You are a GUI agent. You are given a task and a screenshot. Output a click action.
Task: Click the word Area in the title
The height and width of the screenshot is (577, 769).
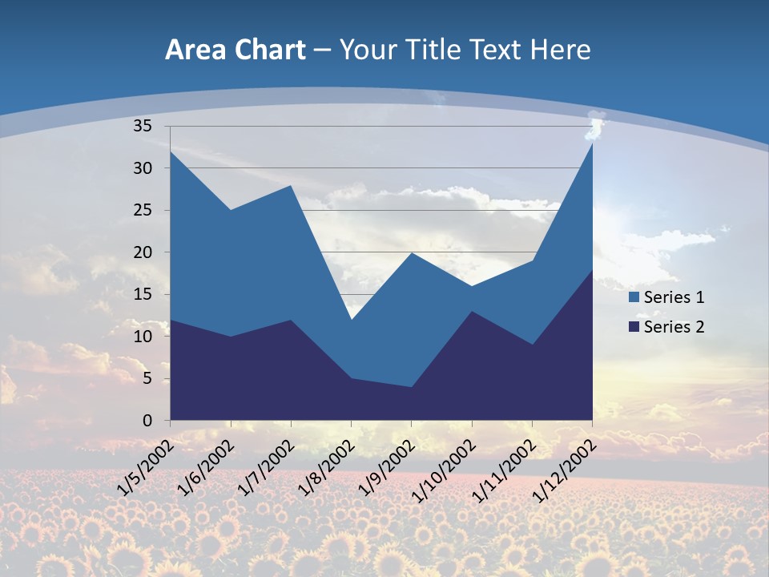tap(194, 50)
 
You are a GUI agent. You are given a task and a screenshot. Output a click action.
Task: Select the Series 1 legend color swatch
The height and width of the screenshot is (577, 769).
tap(634, 297)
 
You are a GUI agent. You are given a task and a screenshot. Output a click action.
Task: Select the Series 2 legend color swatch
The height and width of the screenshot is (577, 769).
tap(634, 326)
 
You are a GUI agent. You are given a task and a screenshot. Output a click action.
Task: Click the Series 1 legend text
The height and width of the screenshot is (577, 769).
tap(674, 297)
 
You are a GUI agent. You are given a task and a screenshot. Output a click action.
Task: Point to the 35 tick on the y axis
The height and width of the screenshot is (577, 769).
tap(143, 126)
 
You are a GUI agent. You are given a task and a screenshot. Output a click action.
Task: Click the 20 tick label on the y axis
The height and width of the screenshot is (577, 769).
tap(143, 252)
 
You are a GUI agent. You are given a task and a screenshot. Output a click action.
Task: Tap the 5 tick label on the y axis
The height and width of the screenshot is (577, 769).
tap(147, 378)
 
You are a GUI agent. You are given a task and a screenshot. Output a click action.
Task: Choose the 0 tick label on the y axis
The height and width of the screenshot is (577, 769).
tap(147, 421)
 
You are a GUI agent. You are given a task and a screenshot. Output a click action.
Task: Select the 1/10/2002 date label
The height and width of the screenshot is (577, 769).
tap(443, 468)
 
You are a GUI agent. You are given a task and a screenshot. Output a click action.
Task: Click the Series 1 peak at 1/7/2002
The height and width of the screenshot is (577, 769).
tap(291, 185)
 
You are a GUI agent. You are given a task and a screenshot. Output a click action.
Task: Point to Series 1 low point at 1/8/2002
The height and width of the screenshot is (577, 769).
tap(351, 320)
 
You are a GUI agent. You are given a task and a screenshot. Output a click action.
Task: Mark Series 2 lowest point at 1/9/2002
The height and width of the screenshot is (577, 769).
tap(411, 387)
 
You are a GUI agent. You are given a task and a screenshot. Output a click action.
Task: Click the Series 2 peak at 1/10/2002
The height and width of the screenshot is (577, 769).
tap(472, 311)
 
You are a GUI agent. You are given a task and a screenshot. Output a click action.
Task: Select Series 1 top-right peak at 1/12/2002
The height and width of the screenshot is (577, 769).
tap(592, 143)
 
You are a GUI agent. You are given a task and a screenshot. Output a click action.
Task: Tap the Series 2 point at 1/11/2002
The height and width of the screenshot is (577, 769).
tap(532, 345)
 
